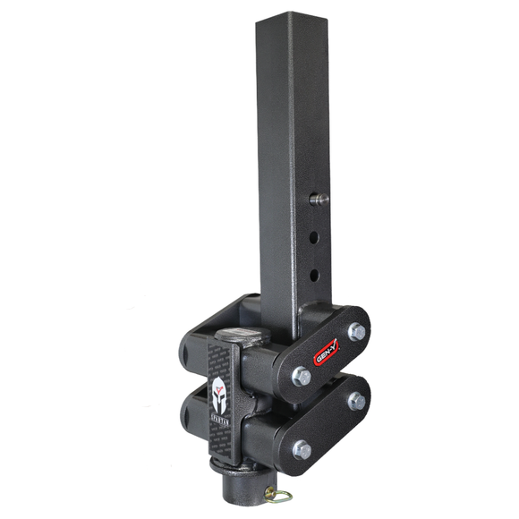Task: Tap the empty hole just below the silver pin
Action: (314, 239)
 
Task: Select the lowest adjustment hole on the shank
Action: (314, 273)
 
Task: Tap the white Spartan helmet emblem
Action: (218, 390)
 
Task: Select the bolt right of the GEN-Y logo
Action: (357, 331)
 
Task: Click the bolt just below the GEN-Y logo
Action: (302, 377)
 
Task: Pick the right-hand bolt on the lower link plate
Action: (356, 400)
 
